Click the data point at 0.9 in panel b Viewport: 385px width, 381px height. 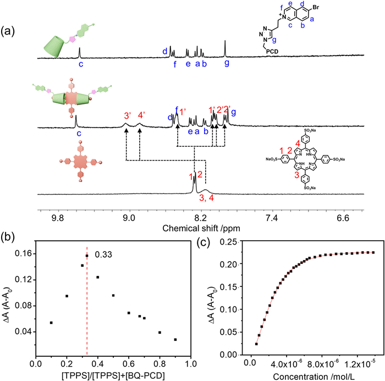[x=175, y=340]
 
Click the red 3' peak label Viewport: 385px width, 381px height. [x=127, y=115]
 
